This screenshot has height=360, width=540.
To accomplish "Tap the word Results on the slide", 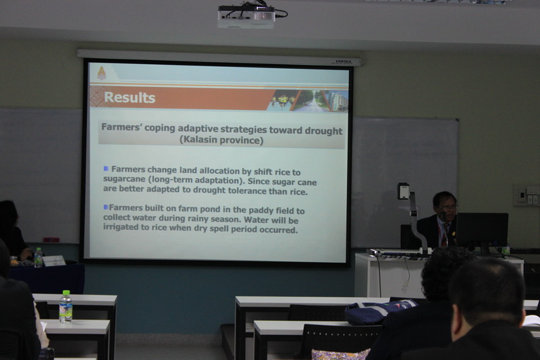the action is (130, 97).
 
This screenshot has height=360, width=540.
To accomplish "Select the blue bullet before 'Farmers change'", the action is (106, 168).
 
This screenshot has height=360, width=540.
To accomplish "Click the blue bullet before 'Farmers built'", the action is (106, 207).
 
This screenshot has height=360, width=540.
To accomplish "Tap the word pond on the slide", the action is (219, 210).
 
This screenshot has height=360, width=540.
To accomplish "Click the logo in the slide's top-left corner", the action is (102, 73).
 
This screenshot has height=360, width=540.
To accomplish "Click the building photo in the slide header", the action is (336, 101).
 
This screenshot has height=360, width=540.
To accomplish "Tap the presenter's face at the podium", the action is (446, 207).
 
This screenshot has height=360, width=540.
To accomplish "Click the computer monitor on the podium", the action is (482, 232).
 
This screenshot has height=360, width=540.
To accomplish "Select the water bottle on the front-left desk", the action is (65, 307).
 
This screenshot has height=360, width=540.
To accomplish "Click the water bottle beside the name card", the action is (38, 257).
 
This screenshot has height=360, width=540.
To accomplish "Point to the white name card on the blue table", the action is (54, 261).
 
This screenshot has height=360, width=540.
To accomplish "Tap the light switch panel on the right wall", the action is (526, 195).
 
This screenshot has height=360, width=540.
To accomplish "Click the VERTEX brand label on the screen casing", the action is (343, 62).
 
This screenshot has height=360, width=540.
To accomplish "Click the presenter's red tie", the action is (445, 235).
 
